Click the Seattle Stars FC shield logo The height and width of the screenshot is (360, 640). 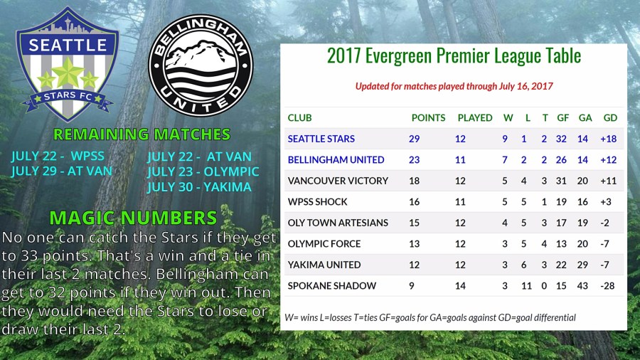pyautogui.click(x=68, y=65)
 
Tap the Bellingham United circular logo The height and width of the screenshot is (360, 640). pyautogui.click(x=201, y=65)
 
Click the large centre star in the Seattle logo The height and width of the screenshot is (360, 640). pyautogui.click(x=68, y=73)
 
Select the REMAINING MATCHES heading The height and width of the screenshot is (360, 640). pyautogui.click(x=142, y=134)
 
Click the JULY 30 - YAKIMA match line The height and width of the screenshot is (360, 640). pyautogui.click(x=199, y=187)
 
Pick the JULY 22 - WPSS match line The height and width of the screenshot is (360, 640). pyautogui.click(x=58, y=156)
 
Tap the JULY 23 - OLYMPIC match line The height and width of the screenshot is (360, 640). pyautogui.click(x=203, y=171)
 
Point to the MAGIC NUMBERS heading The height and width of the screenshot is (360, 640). pyautogui.click(x=133, y=218)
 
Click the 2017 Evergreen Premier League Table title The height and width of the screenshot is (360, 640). pyautogui.click(x=454, y=56)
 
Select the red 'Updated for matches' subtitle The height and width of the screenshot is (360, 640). pyautogui.click(x=454, y=86)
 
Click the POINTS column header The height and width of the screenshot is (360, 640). pyautogui.click(x=428, y=118)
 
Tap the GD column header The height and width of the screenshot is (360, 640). pyautogui.click(x=610, y=118)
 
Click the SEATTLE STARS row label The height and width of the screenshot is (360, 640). pyautogui.click(x=321, y=139)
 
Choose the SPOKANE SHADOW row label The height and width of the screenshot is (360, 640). pyautogui.click(x=332, y=286)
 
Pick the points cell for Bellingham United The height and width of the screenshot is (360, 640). pyautogui.click(x=415, y=159)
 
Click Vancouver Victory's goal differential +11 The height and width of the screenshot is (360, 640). pyautogui.click(x=608, y=181)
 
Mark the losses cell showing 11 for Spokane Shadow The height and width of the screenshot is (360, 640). pyautogui.click(x=526, y=286)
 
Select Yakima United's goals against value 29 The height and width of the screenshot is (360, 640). pyautogui.click(x=582, y=265)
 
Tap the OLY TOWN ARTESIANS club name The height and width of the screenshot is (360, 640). pyautogui.click(x=338, y=223)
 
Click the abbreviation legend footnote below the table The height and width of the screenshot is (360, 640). pyautogui.click(x=430, y=317)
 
